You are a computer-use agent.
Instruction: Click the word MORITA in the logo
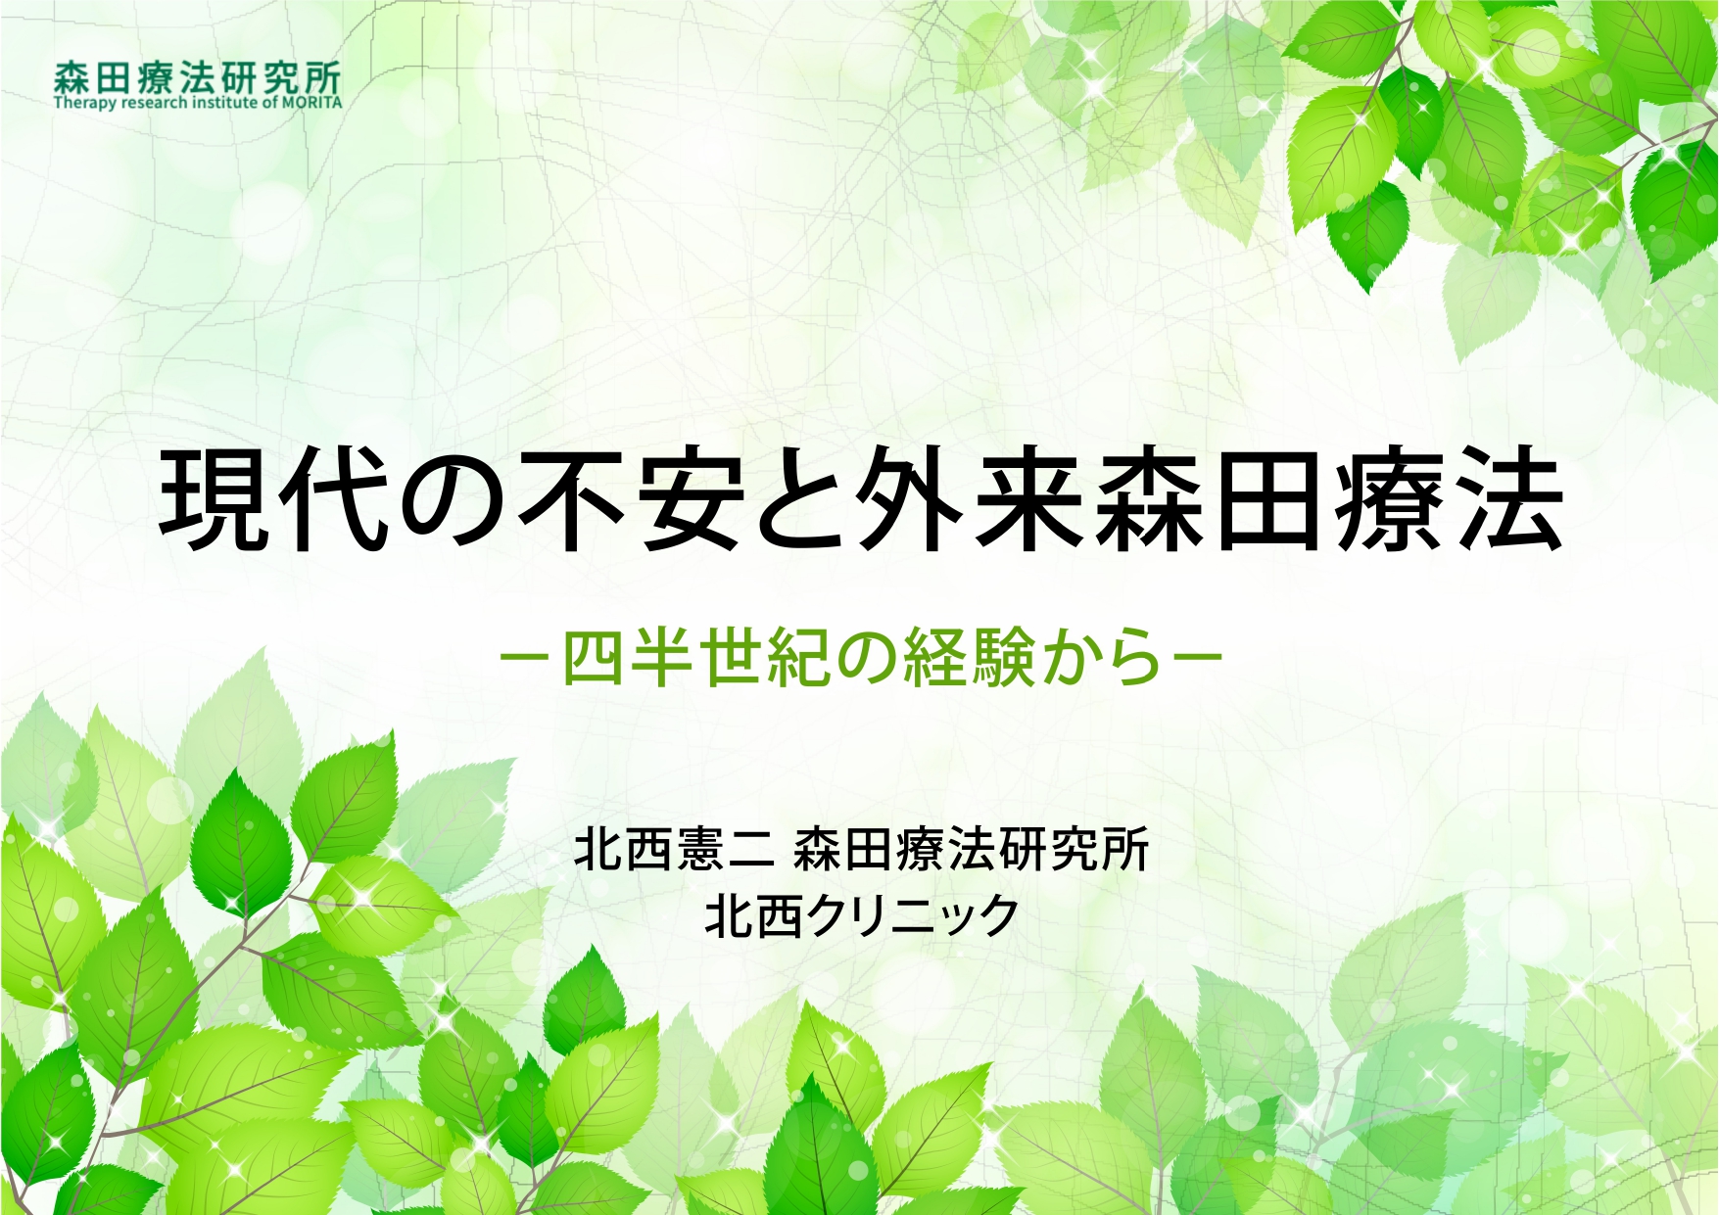[311, 103]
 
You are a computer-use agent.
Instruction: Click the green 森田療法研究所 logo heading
[198, 77]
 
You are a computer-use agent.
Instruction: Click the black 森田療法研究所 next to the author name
[971, 848]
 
